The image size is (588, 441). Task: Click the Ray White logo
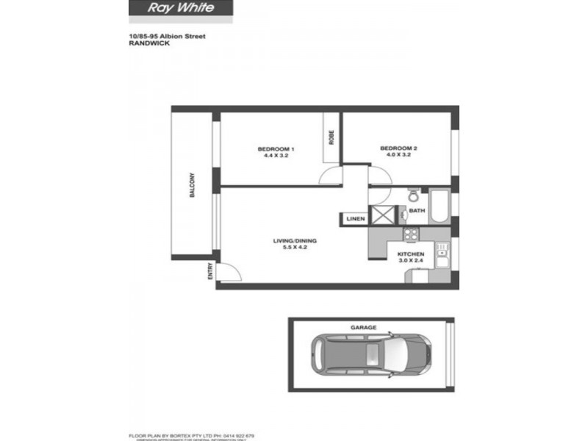[x=181, y=9]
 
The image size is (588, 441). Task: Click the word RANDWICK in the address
[x=146, y=43]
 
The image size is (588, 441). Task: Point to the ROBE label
[x=331, y=137]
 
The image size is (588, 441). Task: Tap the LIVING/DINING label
[x=294, y=241]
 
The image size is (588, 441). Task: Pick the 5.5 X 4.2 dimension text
[x=294, y=248]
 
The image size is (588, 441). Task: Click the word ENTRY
[x=210, y=271]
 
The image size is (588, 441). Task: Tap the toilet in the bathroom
[x=412, y=196]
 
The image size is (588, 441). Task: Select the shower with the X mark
[x=383, y=214]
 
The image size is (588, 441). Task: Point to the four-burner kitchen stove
[x=410, y=235]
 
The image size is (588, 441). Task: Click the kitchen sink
[x=442, y=258]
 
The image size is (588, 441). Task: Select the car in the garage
[x=370, y=356]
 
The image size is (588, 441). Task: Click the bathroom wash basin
[x=404, y=215]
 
